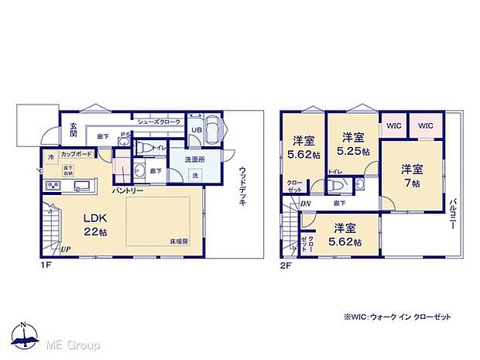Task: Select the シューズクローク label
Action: pos(159,122)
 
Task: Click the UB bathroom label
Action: pos(197,130)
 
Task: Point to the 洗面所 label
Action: pos(194,159)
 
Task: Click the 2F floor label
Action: pos(286,264)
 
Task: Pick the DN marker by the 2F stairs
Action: pos(306,203)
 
